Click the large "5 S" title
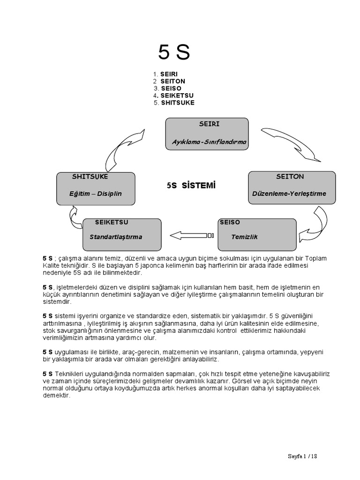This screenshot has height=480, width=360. (174, 53)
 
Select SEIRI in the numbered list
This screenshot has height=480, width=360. (169, 74)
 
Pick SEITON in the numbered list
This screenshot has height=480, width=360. (172, 81)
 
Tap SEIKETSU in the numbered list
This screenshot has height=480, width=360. (177, 96)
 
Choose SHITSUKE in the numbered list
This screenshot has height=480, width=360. (177, 103)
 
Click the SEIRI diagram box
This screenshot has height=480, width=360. (207, 134)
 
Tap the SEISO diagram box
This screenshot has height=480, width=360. (257, 234)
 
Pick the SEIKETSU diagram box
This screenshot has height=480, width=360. (122, 234)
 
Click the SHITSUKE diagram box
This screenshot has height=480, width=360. (96, 188)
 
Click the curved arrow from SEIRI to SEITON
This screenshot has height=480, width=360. (290, 142)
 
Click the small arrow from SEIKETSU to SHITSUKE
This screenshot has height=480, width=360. (75, 216)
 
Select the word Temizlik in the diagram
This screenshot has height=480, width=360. (244, 237)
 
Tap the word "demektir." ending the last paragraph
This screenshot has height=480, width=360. (56, 395)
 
